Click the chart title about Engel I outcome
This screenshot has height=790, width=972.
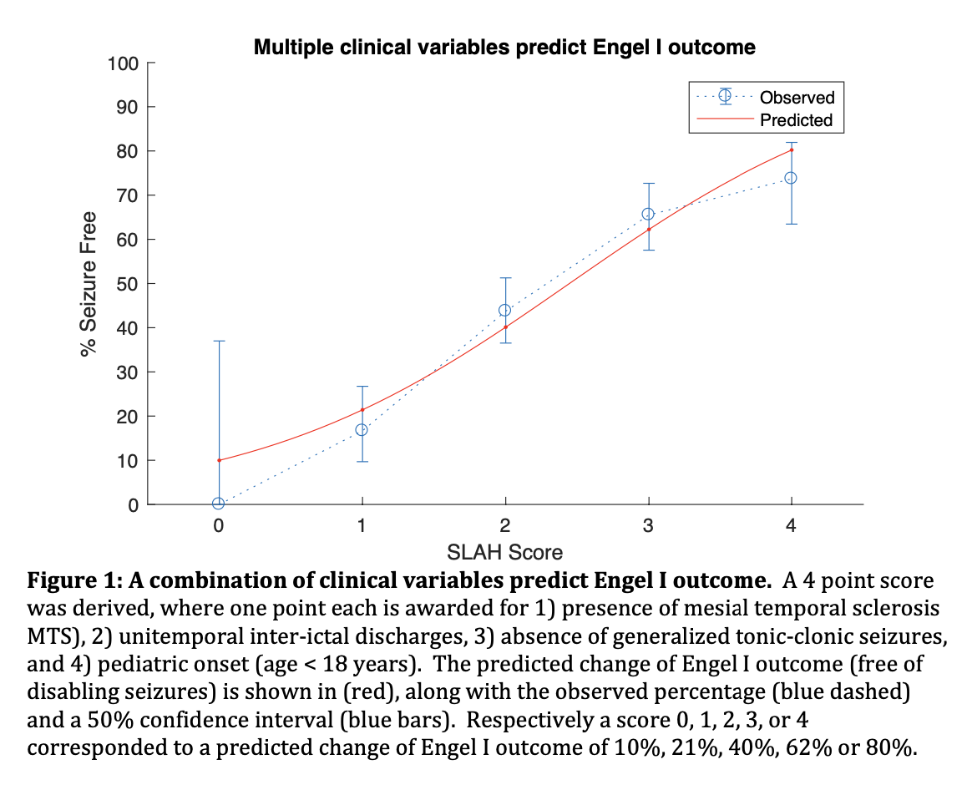click(504, 47)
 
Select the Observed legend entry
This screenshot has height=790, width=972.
click(797, 97)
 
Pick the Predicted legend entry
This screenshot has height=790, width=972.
click(796, 120)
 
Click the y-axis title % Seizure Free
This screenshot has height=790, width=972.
click(89, 285)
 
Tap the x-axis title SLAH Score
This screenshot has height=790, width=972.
click(504, 552)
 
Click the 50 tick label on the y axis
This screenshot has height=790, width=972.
click(128, 284)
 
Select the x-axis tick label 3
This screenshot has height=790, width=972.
click(648, 526)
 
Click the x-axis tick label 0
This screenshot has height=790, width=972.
click(219, 526)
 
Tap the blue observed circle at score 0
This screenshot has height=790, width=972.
click(219, 504)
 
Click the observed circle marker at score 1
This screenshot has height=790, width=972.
click(362, 429)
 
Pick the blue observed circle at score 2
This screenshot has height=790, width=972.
click(504, 311)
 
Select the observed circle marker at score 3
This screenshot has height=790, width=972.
click(648, 214)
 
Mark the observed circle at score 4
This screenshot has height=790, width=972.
click(791, 178)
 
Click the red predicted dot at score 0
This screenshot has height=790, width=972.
click(219, 460)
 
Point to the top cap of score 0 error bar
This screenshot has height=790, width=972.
click(219, 341)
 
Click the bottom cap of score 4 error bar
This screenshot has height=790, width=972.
click(791, 224)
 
